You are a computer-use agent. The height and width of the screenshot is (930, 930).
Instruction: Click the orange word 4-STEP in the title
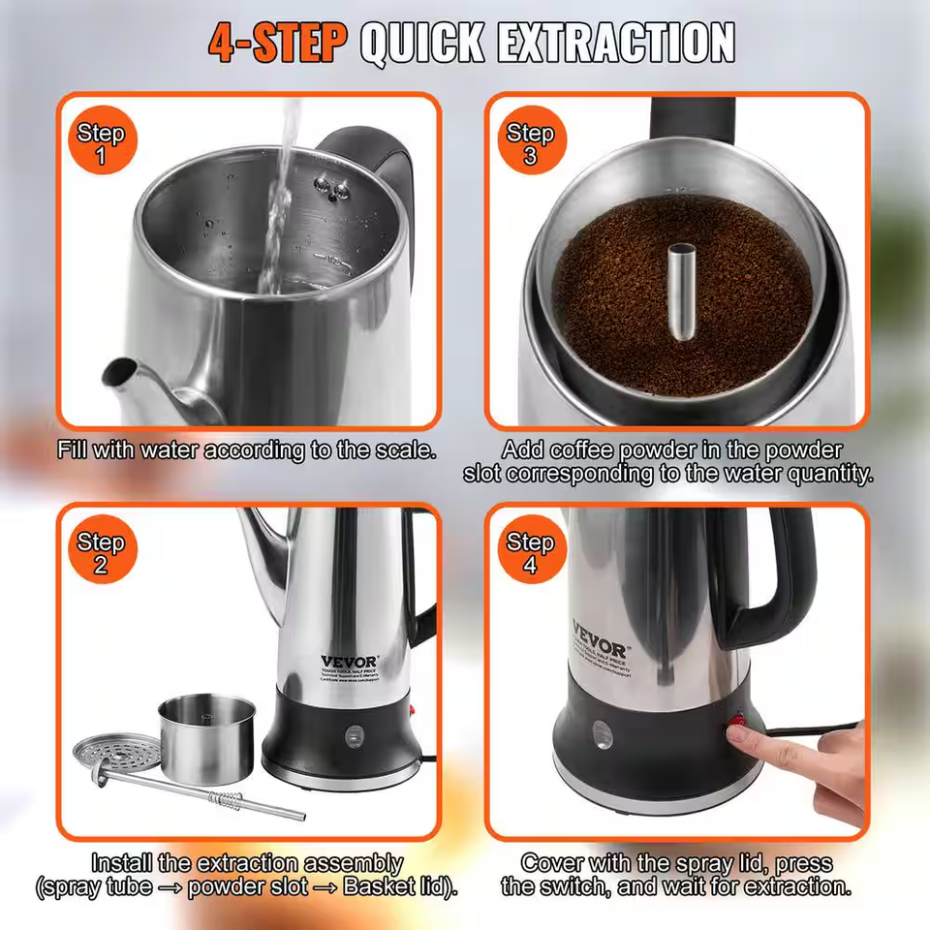pos(277,43)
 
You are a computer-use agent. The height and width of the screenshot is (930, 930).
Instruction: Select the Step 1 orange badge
pos(101,142)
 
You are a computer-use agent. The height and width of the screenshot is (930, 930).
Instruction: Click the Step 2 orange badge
pos(101,553)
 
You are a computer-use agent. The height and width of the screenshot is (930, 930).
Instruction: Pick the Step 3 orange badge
pos(530,142)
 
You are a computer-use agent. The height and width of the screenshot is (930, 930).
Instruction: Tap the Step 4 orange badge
pos(530,553)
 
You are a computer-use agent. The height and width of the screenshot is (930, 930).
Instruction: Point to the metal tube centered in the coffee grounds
pos(675,292)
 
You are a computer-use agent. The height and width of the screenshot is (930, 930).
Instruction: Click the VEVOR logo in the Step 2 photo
pos(351,662)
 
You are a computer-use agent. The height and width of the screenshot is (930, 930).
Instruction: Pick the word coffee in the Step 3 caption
pos(588,451)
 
